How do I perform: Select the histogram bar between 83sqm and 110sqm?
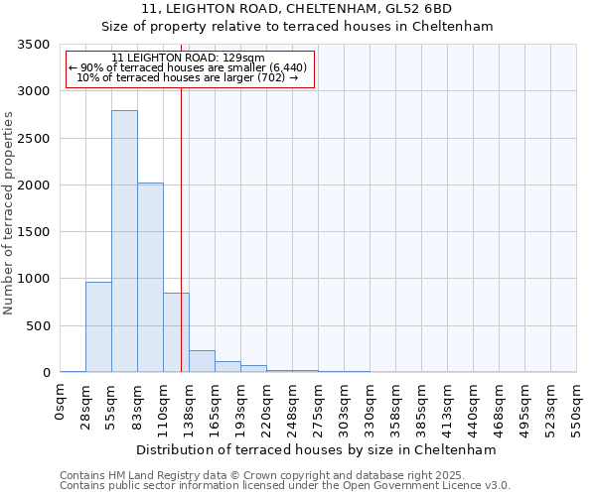tap(150, 278)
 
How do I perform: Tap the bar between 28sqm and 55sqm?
tap(98, 327)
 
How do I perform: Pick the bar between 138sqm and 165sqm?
tap(202, 361)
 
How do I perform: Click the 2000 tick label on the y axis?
tap(36, 186)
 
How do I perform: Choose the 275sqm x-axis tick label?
tap(319, 408)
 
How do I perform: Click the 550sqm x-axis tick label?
tap(577, 408)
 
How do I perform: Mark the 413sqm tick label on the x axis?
tap(448, 408)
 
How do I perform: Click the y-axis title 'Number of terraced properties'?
tap(9, 212)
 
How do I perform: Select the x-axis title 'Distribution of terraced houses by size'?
tap(316, 449)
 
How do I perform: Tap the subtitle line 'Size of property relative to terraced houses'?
tap(298, 27)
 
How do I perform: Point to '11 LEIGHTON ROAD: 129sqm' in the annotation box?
tap(188, 59)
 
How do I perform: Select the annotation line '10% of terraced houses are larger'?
tap(188, 77)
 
